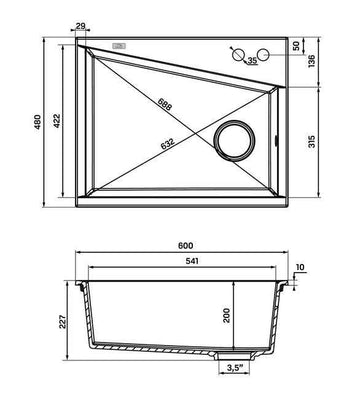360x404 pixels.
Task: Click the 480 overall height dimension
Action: tap(38, 122)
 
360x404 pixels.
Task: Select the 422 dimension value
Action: tap(57, 121)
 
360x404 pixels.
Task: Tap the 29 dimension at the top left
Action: tap(80, 26)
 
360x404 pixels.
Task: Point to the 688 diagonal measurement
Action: tap(165, 104)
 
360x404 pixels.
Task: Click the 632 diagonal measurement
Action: tap(167, 144)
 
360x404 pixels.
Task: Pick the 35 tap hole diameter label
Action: tap(252, 60)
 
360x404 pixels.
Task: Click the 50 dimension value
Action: tap(296, 46)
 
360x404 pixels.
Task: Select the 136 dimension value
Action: tap(312, 61)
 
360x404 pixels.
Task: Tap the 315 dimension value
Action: tap(312, 142)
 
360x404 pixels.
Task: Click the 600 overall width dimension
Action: tap(185, 246)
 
